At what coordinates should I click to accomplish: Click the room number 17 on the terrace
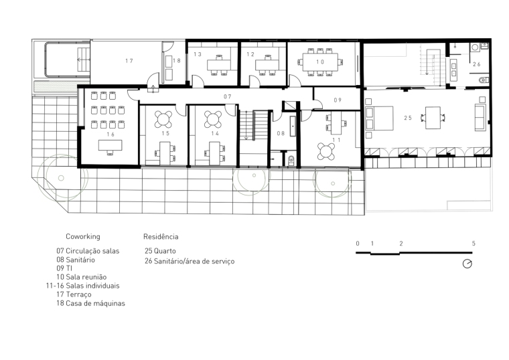[129, 61]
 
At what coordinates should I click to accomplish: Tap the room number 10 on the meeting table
[320, 62]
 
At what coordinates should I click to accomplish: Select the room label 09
[338, 100]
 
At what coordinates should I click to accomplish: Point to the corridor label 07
[228, 96]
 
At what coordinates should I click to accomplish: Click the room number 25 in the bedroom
[408, 118]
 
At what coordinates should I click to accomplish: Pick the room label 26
[477, 64]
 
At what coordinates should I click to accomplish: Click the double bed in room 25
[379, 118]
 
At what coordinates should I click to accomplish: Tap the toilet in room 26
[484, 80]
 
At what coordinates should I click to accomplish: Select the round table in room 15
[163, 119]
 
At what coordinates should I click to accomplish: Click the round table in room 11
[326, 152]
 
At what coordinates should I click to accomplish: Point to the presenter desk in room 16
[111, 145]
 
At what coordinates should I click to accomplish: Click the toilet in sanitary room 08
[291, 160]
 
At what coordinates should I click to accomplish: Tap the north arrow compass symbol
[467, 264]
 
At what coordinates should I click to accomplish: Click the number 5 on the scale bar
[474, 244]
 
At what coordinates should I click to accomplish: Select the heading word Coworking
[83, 236]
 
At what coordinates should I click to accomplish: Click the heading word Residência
[161, 236]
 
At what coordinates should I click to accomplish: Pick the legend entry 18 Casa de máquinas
[90, 304]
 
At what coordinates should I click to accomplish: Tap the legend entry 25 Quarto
[160, 251]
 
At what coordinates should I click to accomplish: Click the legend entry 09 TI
[64, 268]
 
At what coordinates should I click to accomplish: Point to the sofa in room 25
[480, 118]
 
